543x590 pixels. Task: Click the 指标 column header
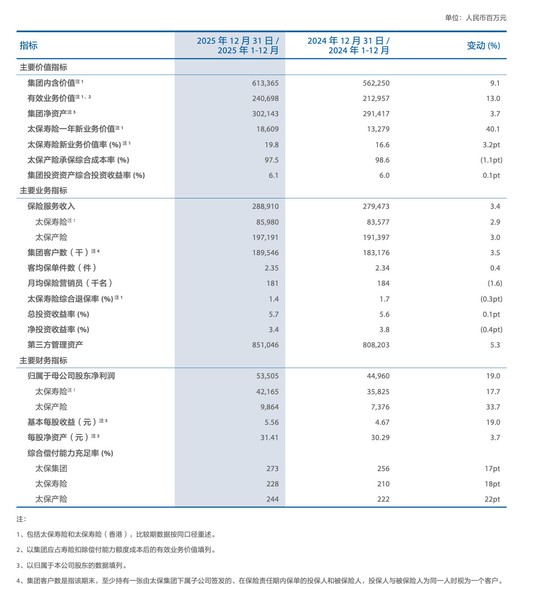click(29, 45)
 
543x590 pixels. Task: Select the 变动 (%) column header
click(483, 45)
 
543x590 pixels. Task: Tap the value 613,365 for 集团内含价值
click(265, 83)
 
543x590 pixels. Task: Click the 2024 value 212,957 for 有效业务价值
click(376, 98)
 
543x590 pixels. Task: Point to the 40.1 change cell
click(493, 129)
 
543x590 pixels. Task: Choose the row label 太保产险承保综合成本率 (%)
click(78, 160)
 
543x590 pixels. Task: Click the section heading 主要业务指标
click(43, 191)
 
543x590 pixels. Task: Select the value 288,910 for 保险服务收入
click(265, 206)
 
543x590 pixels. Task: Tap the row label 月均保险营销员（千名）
click(70, 283)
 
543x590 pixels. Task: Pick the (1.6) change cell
click(495, 283)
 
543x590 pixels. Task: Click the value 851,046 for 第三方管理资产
click(265, 345)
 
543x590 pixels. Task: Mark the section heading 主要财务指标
click(43, 361)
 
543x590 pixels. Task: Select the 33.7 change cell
click(493, 407)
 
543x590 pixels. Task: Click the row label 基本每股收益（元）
click(62, 422)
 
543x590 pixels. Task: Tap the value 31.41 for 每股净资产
click(269, 437)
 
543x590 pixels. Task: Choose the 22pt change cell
click(492, 499)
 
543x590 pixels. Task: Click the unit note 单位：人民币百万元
click(476, 18)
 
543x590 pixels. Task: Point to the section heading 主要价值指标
click(43, 67)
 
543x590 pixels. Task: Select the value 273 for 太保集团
click(272, 469)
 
